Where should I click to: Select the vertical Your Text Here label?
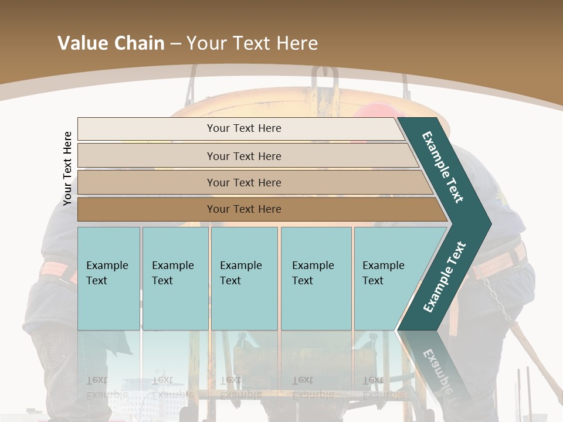[x=67, y=168]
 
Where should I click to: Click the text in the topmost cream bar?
[x=244, y=128]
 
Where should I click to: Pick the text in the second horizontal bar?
[x=244, y=156]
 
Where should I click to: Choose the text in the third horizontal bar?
[x=244, y=183]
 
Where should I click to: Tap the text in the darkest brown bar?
[x=244, y=209]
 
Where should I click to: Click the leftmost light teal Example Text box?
[x=108, y=273]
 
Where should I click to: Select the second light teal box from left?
[x=175, y=273]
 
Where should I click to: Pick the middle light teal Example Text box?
[x=243, y=273]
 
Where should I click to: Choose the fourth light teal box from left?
[x=316, y=273]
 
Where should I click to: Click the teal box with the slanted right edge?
[x=387, y=273]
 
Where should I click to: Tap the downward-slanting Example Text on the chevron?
[x=443, y=168]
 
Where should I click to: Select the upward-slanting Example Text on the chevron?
[x=445, y=277]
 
